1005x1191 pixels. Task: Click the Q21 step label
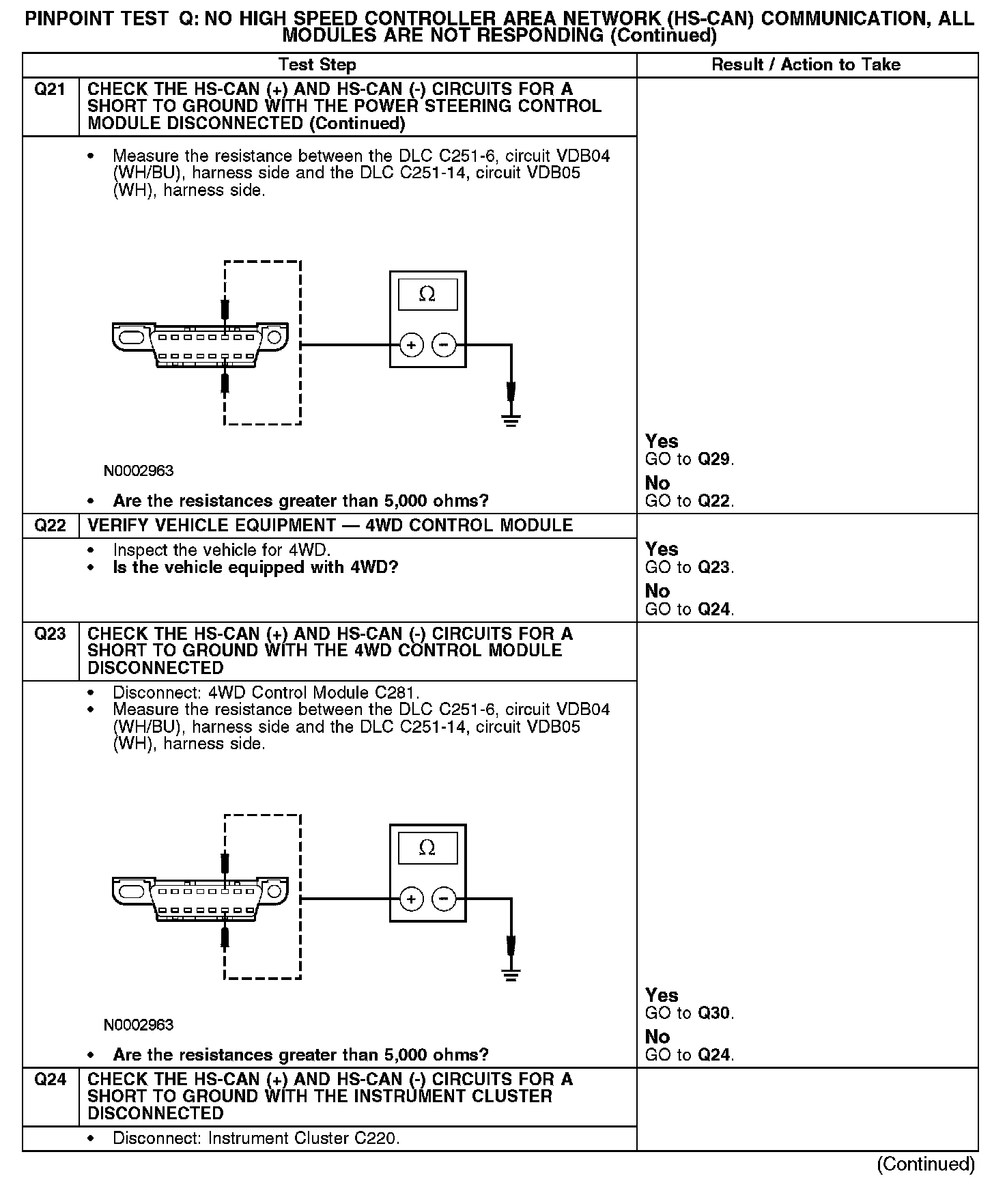pos(50,89)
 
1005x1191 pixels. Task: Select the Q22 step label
pos(50,526)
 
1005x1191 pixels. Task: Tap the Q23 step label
pos(50,634)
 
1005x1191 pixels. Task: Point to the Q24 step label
pos(50,1080)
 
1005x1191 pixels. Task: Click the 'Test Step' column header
pos(317,65)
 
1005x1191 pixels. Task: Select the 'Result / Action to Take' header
pos(806,65)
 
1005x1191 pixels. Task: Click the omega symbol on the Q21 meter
pos(427,294)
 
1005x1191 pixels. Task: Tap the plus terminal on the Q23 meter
pos(411,899)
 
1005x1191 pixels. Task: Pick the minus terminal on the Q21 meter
pos(444,346)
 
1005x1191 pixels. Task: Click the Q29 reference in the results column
pos(715,460)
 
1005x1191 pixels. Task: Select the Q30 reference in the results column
pos(715,1013)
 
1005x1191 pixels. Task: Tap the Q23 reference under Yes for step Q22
pos(715,568)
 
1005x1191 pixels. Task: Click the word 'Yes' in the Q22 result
pos(662,550)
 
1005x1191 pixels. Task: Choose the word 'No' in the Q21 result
pos(657,484)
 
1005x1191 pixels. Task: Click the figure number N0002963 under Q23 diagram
pos(139,1025)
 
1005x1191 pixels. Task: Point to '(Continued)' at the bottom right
pos(925,1164)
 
